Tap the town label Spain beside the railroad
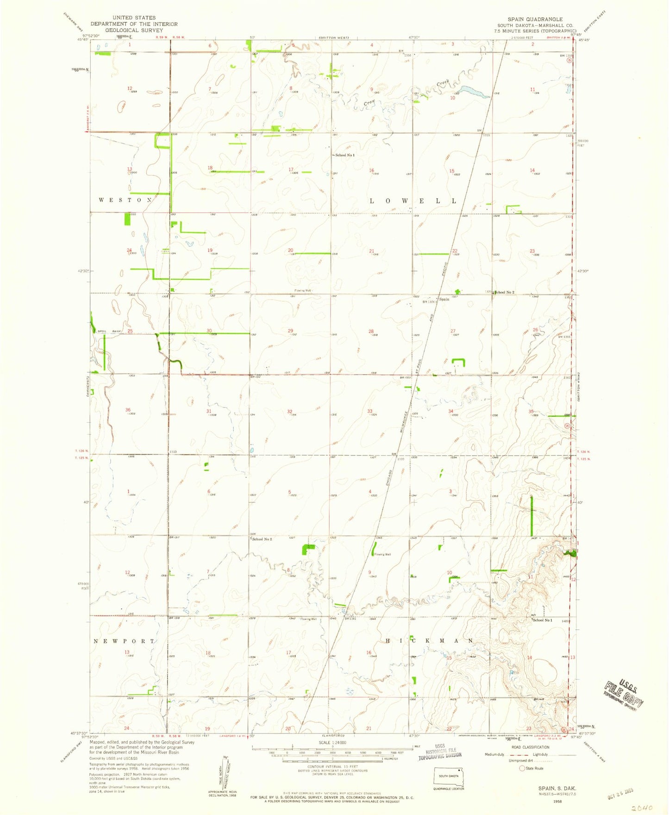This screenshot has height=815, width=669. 444,299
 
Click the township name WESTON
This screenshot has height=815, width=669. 125,200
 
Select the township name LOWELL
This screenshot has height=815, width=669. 413,201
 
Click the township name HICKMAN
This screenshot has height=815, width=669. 429,641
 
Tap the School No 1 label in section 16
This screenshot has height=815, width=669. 344,155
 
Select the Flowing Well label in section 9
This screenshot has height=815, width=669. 382,554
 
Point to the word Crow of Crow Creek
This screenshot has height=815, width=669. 369,103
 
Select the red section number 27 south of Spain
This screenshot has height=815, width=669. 453,331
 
